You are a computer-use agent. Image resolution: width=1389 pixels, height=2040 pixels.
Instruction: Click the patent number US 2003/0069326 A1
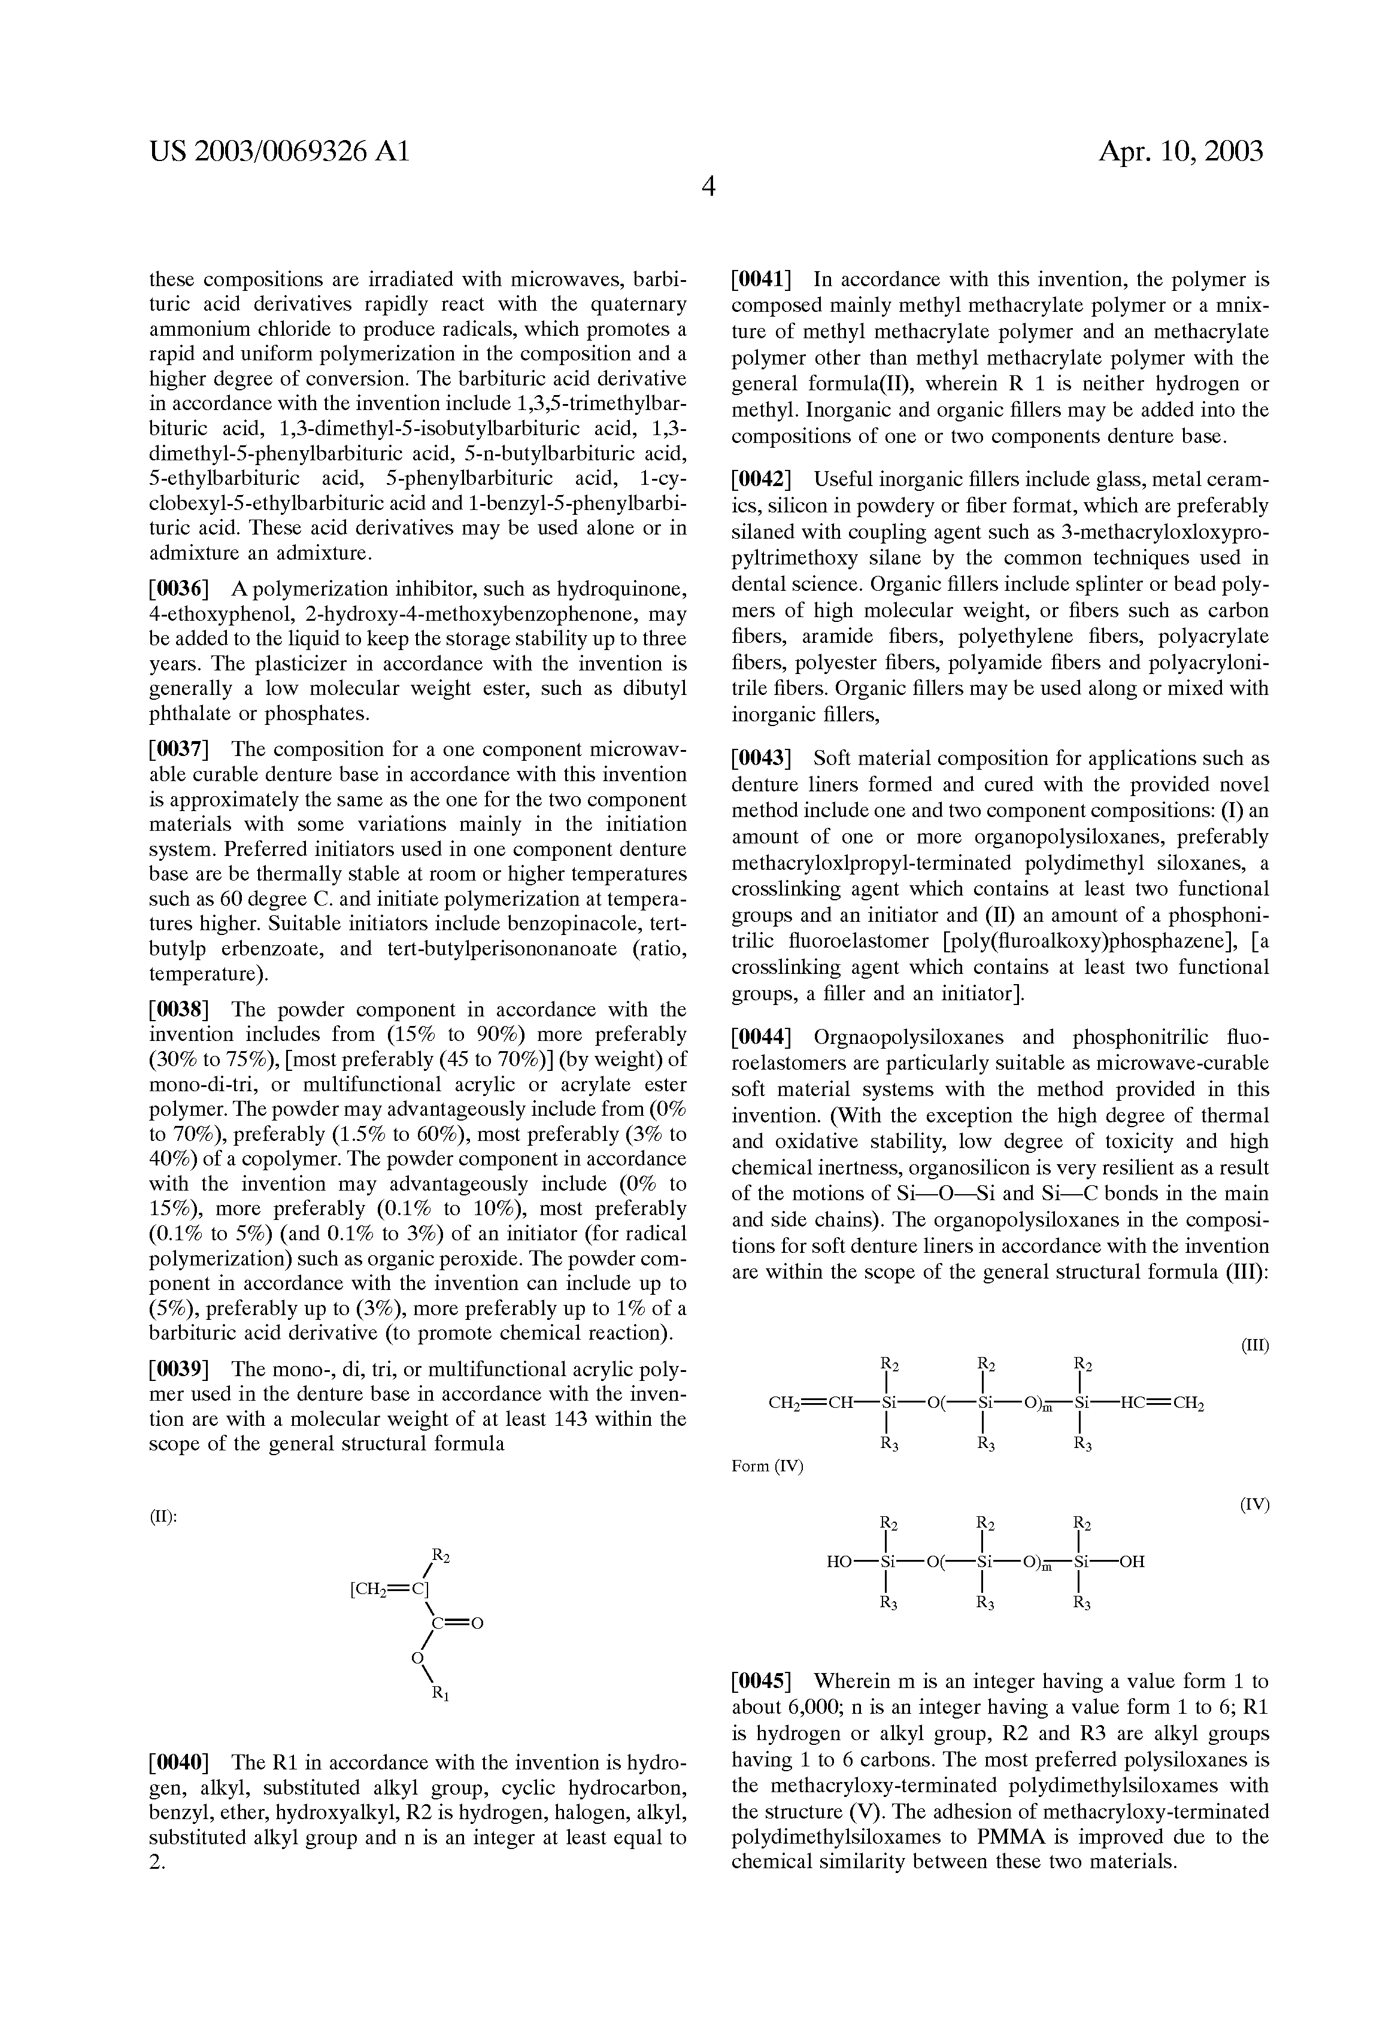279,152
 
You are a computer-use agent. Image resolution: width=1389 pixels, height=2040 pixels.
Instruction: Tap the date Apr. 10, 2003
1180,152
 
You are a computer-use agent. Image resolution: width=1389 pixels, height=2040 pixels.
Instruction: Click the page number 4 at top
708,187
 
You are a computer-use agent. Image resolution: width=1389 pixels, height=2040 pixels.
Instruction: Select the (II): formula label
163,1517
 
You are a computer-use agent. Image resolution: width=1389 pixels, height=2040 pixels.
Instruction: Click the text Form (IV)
768,1466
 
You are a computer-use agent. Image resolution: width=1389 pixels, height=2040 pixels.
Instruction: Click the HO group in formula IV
841,1562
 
